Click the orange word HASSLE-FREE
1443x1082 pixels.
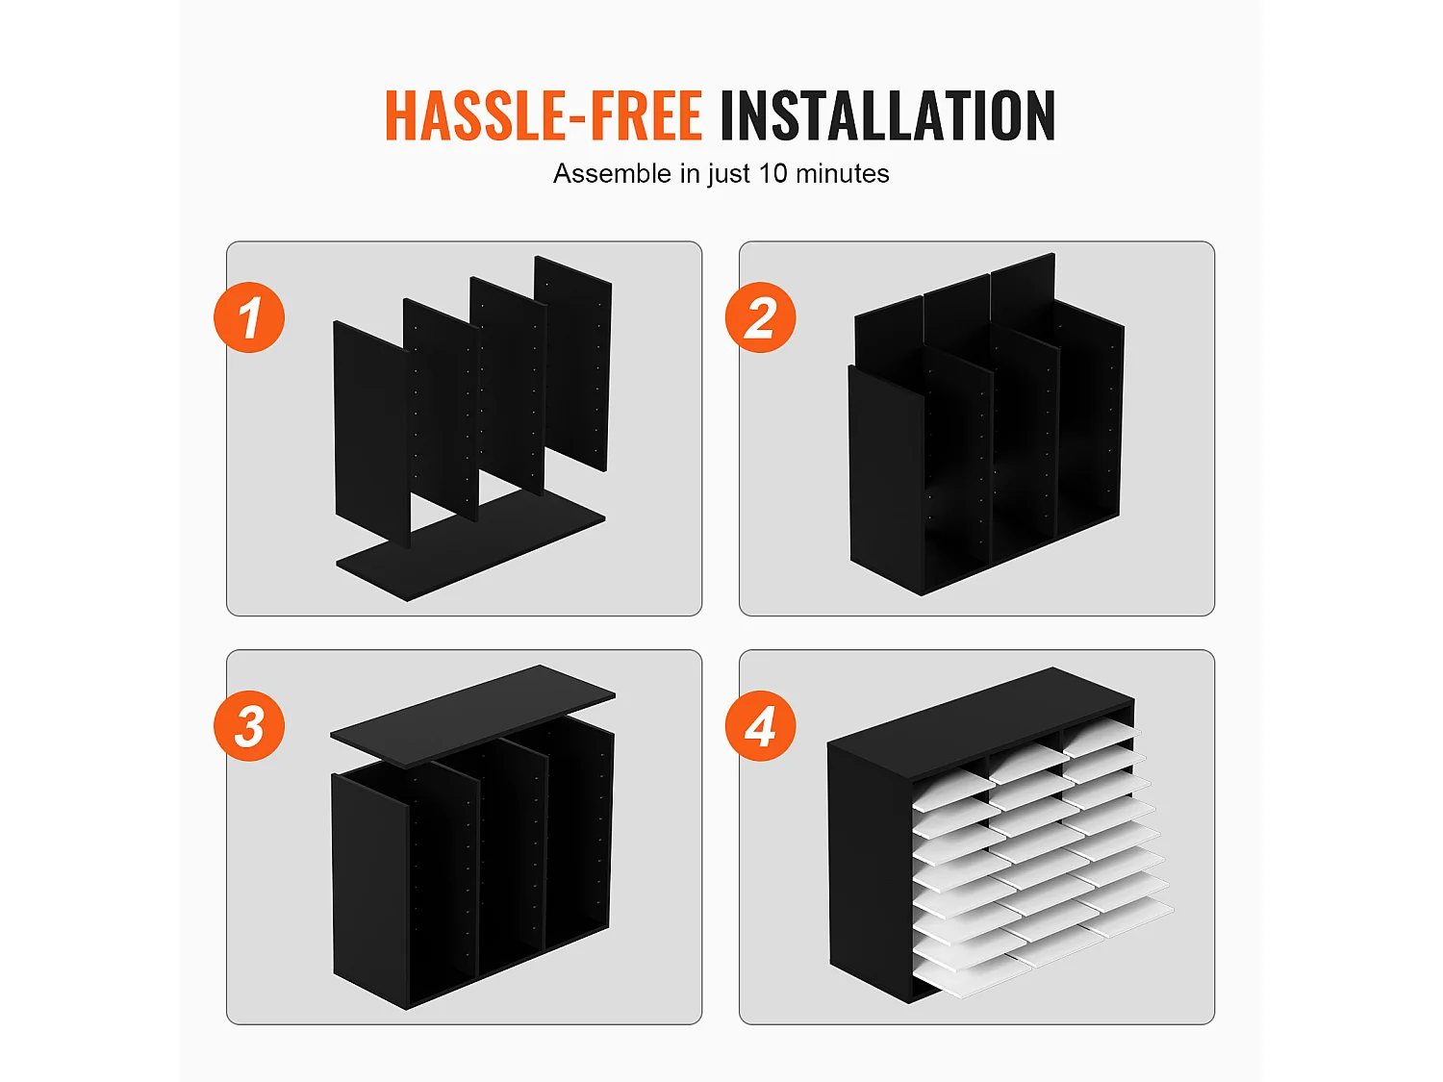543,115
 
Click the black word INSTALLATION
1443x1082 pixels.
888,115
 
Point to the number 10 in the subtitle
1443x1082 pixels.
772,173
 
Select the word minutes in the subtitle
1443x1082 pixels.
842,173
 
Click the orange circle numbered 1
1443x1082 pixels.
249,317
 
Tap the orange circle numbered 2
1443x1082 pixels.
761,317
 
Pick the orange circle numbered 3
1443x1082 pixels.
249,726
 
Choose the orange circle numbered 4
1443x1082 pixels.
761,726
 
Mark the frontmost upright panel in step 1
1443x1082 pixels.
372,434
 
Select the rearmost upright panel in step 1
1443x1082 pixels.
573,364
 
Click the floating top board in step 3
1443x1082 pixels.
472,716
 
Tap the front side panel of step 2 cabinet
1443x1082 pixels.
887,481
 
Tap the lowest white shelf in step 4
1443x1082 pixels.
973,975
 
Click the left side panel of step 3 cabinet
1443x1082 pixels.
370,892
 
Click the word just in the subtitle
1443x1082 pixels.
728,175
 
